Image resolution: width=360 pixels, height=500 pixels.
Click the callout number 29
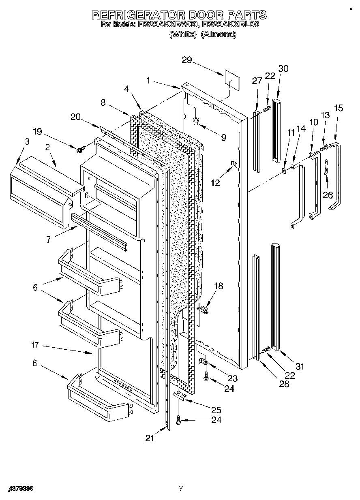tap(187, 60)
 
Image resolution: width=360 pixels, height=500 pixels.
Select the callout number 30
tap(283, 68)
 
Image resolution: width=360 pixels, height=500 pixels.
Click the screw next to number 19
tap(80, 150)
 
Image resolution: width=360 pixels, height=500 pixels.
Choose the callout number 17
tap(35, 345)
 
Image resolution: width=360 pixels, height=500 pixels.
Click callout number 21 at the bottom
tap(150, 438)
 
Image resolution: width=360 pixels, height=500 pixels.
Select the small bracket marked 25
tap(180, 395)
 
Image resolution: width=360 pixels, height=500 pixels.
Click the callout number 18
tap(219, 286)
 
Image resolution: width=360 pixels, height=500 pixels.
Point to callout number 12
tap(215, 183)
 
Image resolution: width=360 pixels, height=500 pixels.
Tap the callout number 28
tap(284, 384)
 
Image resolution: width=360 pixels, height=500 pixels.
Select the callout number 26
tap(328, 194)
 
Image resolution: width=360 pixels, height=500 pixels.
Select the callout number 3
tap(27, 141)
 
